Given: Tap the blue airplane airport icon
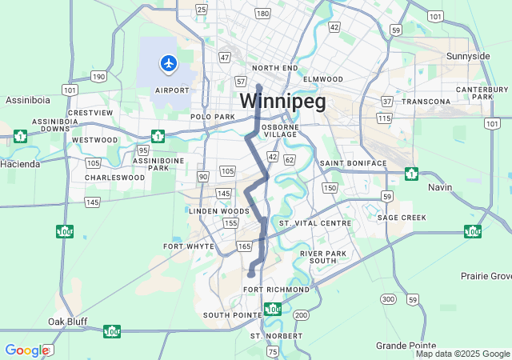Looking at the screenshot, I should pos(168,62).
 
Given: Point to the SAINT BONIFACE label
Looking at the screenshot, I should pos(353,163).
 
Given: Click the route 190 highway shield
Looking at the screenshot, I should pos(98,76).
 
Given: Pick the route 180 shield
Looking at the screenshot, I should pos(262,14).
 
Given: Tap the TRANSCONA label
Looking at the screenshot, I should pos(426,102).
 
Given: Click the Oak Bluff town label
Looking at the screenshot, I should pos(67,321).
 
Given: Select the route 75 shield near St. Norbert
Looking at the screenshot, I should pos(273,351).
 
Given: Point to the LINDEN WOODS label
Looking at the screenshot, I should pos(214,211).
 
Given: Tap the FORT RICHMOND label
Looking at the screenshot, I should pos(276,289).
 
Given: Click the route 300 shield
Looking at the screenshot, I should pos(388,299).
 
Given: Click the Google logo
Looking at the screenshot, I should pos(26,350).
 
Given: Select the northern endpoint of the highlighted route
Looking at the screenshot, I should pos(258,86).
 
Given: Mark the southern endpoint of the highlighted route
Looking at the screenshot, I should pos(250,274).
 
